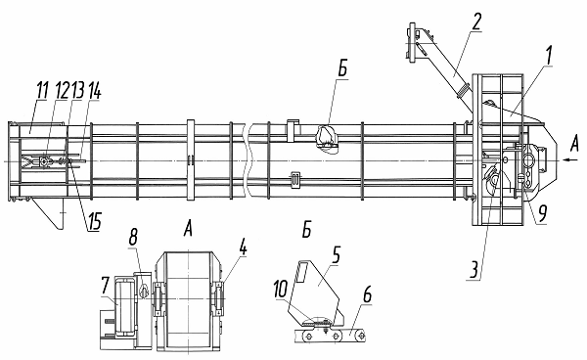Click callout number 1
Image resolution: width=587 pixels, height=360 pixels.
click(548, 56)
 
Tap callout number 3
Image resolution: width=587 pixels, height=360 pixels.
click(474, 270)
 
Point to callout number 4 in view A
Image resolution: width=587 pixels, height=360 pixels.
click(244, 247)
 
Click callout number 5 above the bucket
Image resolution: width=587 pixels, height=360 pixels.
click(336, 255)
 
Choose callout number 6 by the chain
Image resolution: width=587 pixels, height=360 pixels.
click(367, 294)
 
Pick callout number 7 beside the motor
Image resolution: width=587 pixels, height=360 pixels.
click(105, 287)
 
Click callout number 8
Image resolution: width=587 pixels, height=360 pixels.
click(133, 237)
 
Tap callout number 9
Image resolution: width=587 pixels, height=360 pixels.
click(542, 212)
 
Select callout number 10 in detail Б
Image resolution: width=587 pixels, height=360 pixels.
click(281, 290)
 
